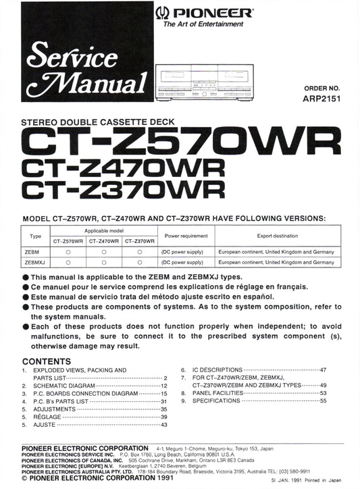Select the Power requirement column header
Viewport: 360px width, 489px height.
click(x=186, y=236)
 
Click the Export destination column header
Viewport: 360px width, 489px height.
click(x=276, y=236)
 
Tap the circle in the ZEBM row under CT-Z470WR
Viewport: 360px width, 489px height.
click(x=105, y=251)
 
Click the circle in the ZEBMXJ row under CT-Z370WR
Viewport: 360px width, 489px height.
click(x=139, y=261)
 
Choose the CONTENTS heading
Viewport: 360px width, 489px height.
click(x=46, y=361)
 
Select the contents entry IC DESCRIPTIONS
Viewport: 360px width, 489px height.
click(x=217, y=370)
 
